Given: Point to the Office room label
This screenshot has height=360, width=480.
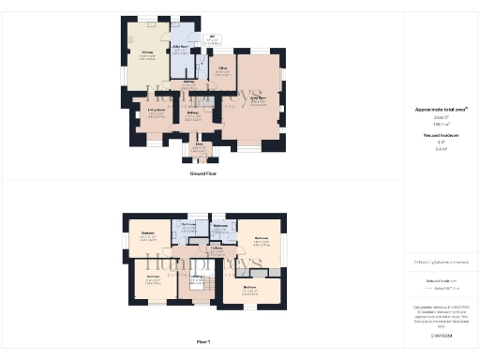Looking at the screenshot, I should coord(223,68).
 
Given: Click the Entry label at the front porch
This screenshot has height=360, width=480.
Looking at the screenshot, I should coord(198,147).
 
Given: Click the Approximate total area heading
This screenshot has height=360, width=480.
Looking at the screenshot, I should coord(440,110).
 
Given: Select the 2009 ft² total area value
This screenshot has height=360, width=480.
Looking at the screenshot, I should coord(440,117).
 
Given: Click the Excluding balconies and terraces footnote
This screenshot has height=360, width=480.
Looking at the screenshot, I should coord(440,262).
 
